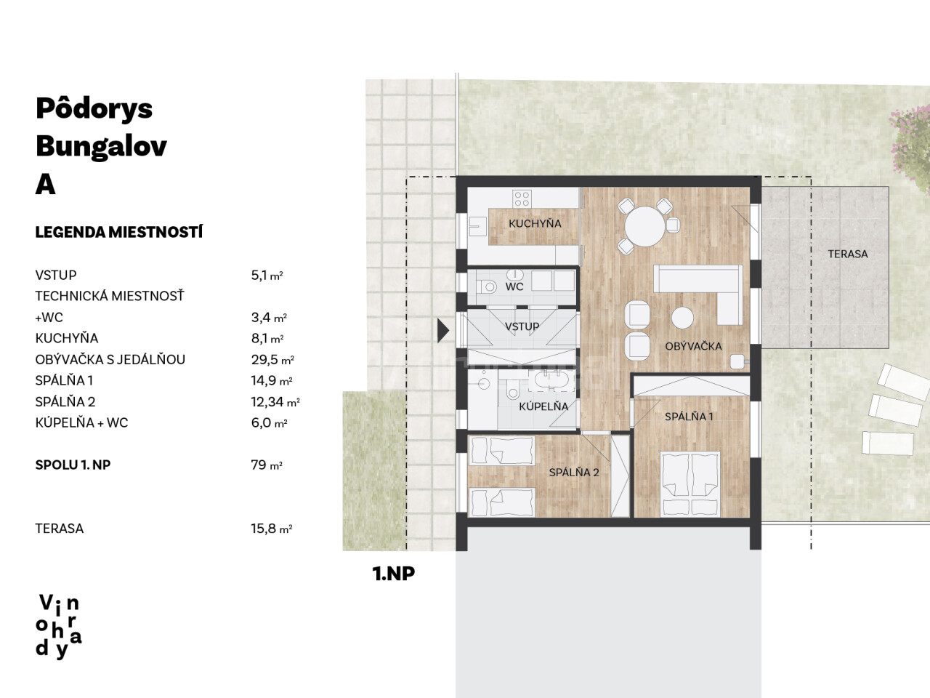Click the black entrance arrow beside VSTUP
pyautogui.click(x=442, y=331)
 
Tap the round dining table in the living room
pyautogui.click(x=645, y=226)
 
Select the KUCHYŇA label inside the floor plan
pyautogui.click(x=535, y=223)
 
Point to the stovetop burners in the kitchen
pyautogui.click(x=522, y=198)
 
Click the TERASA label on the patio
pyautogui.click(x=847, y=254)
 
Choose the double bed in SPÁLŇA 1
pyautogui.click(x=690, y=484)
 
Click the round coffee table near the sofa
pyautogui.click(x=682, y=318)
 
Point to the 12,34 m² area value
pyautogui.click(x=275, y=402)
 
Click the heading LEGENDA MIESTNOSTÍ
pyautogui.click(x=119, y=232)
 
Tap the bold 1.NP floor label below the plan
pyautogui.click(x=394, y=574)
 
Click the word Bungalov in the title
pyautogui.click(x=101, y=147)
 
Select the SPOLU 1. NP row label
pyautogui.click(x=73, y=465)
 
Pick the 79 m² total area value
pyautogui.click(x=267, y=465)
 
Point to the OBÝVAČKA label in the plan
pyautogui.click(x=693, y=346)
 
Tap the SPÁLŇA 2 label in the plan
pyautogui.click(x=574, y=472)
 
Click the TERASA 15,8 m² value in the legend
pyautogui.click(x=272, y=529)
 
